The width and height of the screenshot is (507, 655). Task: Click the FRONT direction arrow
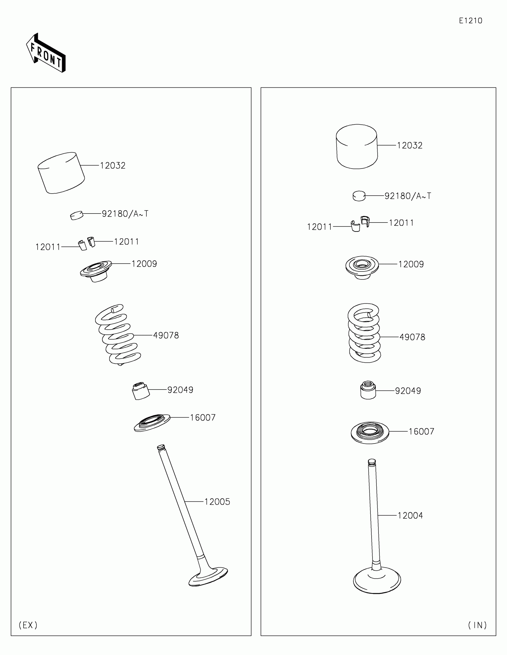click(x=46, y=53)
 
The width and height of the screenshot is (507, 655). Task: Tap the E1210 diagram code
click(x=470, y=21)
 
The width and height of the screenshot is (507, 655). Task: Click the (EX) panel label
click(x=28, y=625)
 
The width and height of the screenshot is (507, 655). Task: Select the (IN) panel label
click(x=477, y=625)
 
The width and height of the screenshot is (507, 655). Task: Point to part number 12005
click(x=217, y=502)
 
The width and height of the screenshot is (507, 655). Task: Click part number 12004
click(x=410, y=515)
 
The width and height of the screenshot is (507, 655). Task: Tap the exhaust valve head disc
click(x=208, y=577)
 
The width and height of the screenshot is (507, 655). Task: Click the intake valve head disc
click(x=377, y=580)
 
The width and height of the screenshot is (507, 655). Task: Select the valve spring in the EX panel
click(x=118, y=334)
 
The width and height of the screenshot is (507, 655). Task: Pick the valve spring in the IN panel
click(x=364, y=333)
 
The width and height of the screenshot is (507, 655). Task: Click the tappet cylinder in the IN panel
click(x=356, y=146)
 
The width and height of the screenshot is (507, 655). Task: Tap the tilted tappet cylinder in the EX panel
click(x=61, y=173)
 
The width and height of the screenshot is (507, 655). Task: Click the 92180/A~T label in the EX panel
click(x=125, y=214)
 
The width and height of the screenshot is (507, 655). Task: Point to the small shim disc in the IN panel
click(x=359, y=196)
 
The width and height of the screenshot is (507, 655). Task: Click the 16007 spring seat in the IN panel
click(x=370, y=433)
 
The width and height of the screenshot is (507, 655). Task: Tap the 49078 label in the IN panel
click(x=412, y=337)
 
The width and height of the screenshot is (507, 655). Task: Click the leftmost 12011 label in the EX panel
click(x=48, y=247)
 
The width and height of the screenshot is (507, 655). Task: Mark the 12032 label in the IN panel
click(x=409, y=146)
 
